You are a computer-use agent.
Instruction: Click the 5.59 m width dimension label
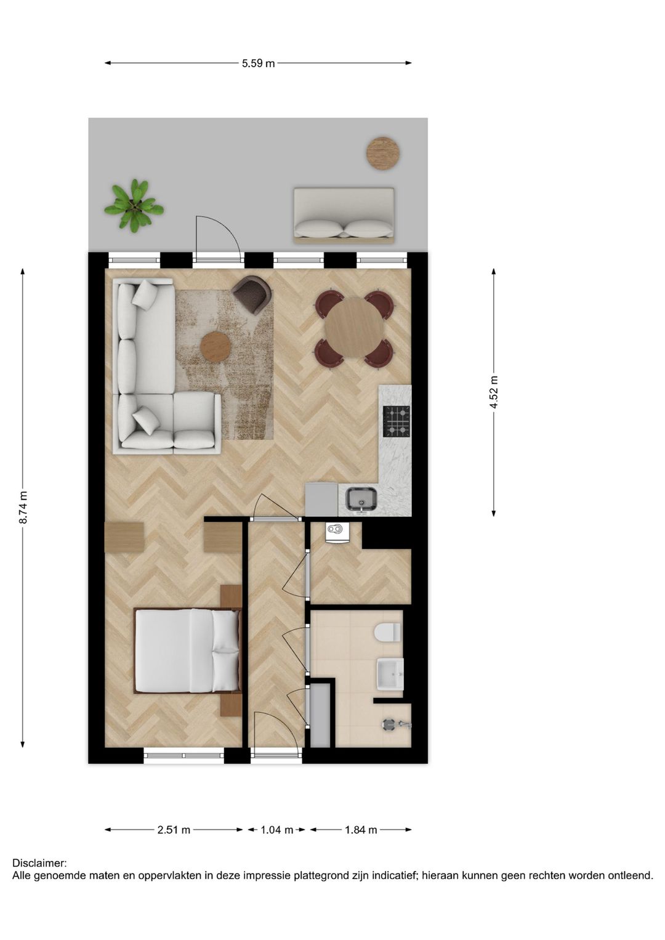coord(258,63)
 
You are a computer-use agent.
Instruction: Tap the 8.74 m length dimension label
coord(23,508)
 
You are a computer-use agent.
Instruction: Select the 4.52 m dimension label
coord(494,392)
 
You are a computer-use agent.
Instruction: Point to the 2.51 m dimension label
coord(174,830)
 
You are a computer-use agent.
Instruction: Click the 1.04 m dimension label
coord(276,830)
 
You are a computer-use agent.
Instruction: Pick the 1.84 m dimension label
coord(361,830)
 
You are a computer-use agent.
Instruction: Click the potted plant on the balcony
coord(134,206)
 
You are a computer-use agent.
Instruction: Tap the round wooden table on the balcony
coord(383,153)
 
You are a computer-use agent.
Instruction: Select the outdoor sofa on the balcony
coord(344,214)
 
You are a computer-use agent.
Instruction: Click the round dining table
coord(354,328)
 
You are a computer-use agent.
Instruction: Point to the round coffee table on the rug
coord(216,347)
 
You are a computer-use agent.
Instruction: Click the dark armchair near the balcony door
coord(252,294)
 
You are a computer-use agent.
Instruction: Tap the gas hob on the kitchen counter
coord(396,421)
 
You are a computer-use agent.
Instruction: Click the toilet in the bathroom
coord(388,632)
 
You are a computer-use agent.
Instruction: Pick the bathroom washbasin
coord(390,674)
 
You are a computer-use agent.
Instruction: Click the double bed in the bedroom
coord(187,650)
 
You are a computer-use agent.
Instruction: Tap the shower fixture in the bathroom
coord(392,725)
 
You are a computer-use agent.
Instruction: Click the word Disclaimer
coord(39,864)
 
